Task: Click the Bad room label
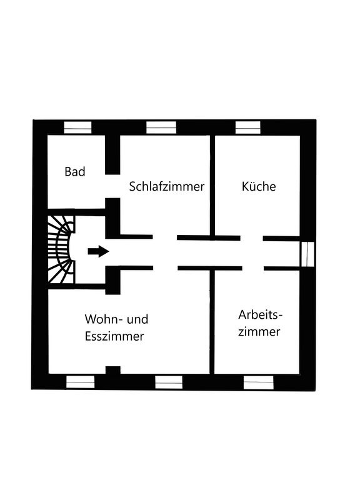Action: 75,171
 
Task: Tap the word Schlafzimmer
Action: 166,186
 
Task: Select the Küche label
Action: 259,186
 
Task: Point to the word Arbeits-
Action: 260,315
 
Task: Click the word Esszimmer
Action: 114,336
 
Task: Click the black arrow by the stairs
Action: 98,251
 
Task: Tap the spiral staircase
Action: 61,249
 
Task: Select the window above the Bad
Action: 77,127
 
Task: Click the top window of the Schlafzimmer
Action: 161,127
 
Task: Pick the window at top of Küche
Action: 248,127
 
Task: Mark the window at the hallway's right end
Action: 307,254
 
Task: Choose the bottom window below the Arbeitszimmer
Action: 258,382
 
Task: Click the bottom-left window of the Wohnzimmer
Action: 81,382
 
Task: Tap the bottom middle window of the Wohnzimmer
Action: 169,382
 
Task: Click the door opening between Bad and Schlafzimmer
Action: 112,186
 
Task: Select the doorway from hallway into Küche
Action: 252,238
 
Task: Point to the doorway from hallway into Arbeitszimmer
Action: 253,269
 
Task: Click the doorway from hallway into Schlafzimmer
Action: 165,237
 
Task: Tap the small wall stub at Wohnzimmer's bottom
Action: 113,370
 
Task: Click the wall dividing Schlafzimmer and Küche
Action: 212,185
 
